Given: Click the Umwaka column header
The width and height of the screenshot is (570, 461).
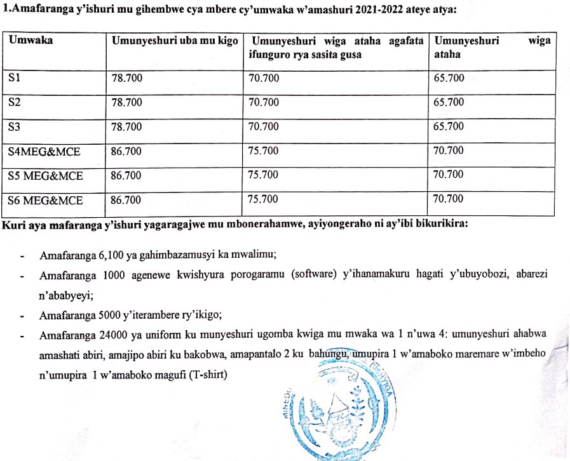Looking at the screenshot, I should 31,40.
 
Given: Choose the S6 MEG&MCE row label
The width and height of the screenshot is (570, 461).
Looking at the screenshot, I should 46,200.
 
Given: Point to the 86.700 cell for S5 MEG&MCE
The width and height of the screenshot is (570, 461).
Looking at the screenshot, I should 126,175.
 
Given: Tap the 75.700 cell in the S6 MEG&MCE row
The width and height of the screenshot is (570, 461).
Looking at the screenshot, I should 264,199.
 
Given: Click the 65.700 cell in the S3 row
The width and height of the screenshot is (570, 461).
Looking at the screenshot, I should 449,126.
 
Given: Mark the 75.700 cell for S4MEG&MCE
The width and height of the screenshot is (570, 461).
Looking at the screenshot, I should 264,151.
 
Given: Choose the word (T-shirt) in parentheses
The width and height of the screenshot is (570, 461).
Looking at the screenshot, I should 205,375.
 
